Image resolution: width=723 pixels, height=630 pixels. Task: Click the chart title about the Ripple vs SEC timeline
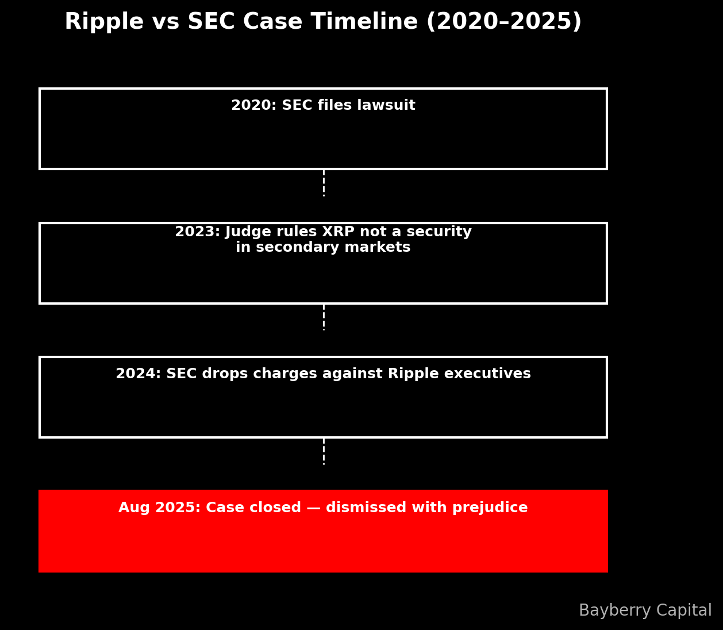[x=323, y=22]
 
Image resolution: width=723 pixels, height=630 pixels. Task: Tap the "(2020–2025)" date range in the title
[x=503, y=22]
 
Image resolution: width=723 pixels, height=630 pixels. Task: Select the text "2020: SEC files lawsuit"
[x=323, y=106]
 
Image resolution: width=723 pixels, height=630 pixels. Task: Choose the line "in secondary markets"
[x=323, y=248]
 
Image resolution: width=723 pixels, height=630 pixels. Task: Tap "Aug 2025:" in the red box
[x=159, y=508]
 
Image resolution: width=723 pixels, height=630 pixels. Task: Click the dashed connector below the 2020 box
[x=324, y=183]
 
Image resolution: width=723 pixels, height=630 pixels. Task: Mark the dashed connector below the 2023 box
[x=324, y=317]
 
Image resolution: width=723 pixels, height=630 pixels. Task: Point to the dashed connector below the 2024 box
[x=324, y=451]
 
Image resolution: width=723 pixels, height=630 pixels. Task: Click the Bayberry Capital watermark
[x=645, y=610]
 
